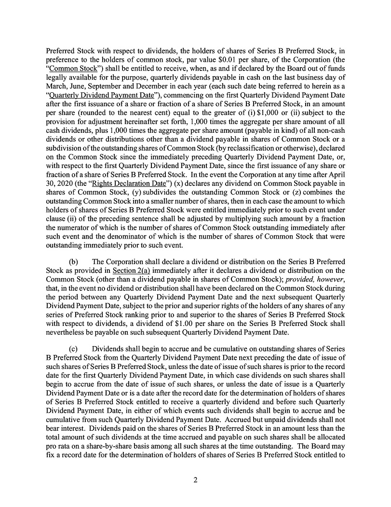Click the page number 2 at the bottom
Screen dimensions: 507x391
pyautogui.click(x=196, y=480)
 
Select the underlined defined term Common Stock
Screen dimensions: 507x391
pyautogui.click(x=72, y=68)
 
